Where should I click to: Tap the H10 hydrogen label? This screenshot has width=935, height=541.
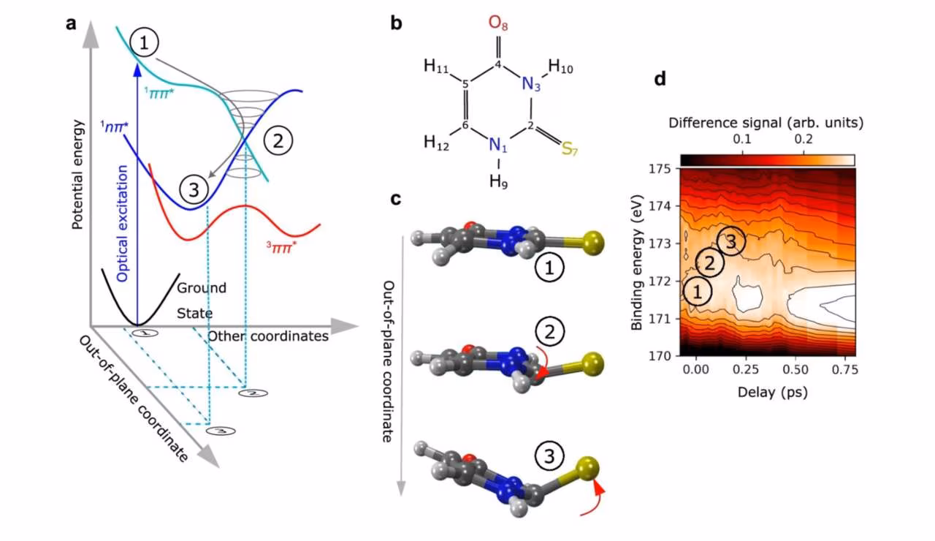coord(561,68)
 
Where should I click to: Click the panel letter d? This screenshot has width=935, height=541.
coord(660,77)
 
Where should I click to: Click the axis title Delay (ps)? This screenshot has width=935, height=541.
coord(767,393)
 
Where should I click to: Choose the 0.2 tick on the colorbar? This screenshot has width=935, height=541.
coord(804,139)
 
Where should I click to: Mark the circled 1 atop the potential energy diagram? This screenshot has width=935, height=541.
coord(144,44)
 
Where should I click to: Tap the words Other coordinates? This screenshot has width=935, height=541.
coord(267,336)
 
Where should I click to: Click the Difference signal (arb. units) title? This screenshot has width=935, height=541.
coord(767,124)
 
